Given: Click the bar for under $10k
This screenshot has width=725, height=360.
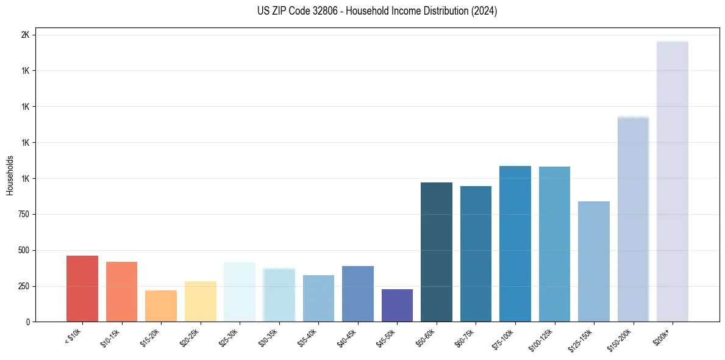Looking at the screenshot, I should pyautogui.click(x=82, y=289).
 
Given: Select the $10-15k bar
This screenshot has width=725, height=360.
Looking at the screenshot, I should pyautogui.click(x=121, y=292).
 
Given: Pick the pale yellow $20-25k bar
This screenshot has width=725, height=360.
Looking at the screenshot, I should pyautogui.click(x=201, y=301).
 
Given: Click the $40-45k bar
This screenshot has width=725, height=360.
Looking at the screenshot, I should pyautogui.click(x=358, y=293).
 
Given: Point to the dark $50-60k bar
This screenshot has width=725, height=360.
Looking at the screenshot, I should pyautogui.click(x=437, y=252).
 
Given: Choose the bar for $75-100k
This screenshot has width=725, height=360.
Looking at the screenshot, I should pyautogui.click(x=515, y=244).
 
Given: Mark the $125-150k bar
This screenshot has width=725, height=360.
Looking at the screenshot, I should pyautogui.click(x=594, y=261).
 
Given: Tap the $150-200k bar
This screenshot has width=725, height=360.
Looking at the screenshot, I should pyautogui.click(x=633, y=219).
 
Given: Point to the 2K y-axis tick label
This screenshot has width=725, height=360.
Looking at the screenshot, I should pyautogui.click(x=25, y=35).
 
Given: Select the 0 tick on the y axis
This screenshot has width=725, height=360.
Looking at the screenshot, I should pyautogui.click(x=27, y=322).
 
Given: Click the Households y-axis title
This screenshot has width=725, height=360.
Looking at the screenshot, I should pyautogui.click(x=10, y=175).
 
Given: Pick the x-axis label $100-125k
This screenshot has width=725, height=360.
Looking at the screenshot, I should pyautogui.click(x=541, y=339).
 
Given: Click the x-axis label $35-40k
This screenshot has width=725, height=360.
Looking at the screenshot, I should pyautogui.click(x=307, y=337).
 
